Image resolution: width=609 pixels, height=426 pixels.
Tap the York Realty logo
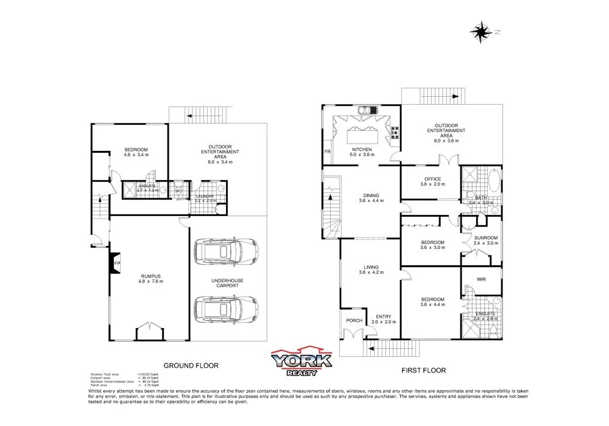302,361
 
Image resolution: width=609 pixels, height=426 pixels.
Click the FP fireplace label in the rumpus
118,264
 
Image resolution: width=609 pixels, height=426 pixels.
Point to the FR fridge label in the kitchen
328,152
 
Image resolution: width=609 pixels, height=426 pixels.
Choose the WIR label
481,279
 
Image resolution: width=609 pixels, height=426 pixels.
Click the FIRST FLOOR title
423,370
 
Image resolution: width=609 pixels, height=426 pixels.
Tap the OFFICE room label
432,179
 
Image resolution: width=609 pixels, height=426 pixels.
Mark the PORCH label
354,321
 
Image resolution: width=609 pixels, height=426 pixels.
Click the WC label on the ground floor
179,191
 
